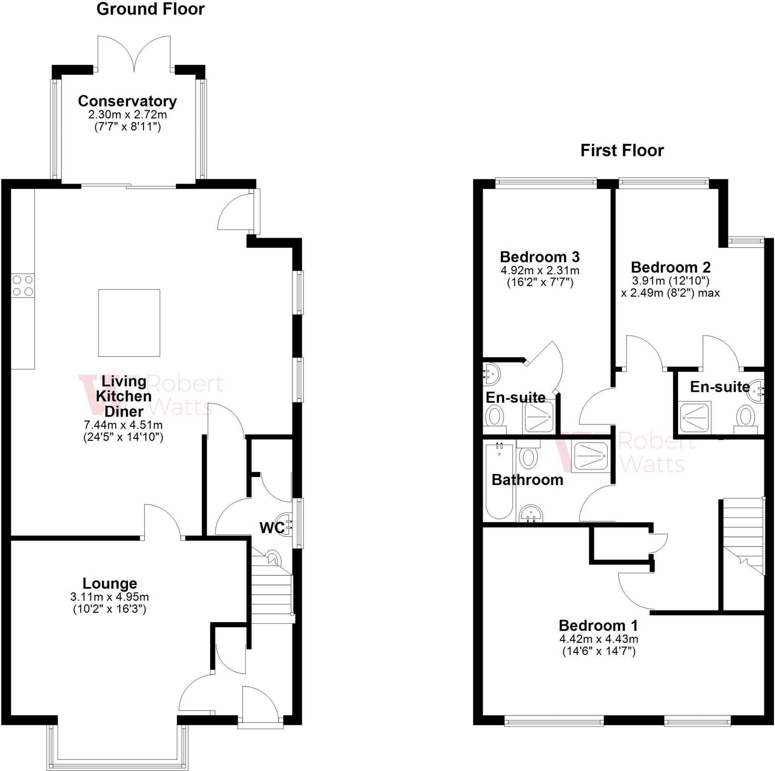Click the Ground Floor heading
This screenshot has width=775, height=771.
tap(151, 9)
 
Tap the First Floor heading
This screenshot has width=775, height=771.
tap(622, 150)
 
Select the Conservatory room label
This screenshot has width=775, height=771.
tap(127, 101)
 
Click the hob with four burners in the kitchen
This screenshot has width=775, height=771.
tap(22, 286)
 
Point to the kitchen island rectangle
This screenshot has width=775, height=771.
tap(129, 323)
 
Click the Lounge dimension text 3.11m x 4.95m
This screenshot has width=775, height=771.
tap(109, 597)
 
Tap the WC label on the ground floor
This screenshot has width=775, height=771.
tap(272, 528)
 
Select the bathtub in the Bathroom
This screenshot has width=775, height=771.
tap(500, 482)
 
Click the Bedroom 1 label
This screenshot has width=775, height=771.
tap(598, 626)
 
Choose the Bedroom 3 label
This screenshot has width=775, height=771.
tap(540, 256)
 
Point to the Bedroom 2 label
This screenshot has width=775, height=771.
tap(671, 267)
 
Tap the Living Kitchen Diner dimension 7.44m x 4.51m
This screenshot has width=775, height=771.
tap(123, 424)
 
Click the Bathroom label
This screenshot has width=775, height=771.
tap(527, 480)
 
